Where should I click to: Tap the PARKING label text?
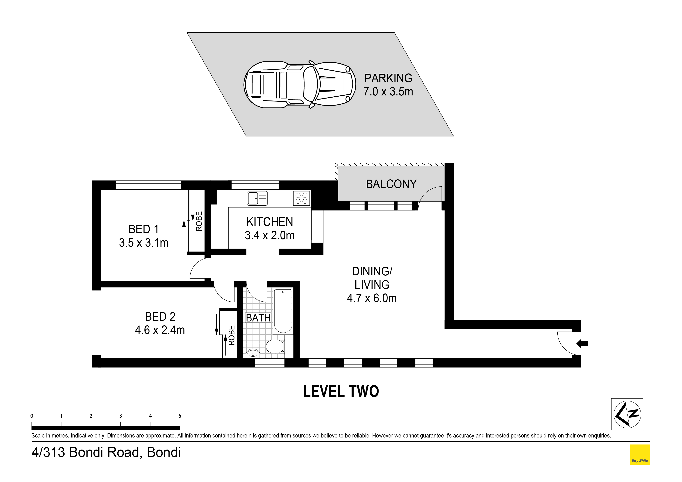click(388, 78)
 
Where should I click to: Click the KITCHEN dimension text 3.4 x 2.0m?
click(270, 236)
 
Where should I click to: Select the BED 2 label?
click(160, 317)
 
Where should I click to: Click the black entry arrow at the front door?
click(582, 344)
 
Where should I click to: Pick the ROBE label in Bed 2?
click(231, 335)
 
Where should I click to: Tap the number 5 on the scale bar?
click(180, 416)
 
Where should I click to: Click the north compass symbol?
click(627, 414)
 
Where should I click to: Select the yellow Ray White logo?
click(640, 454)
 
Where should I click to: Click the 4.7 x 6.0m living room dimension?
click(372, 298)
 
